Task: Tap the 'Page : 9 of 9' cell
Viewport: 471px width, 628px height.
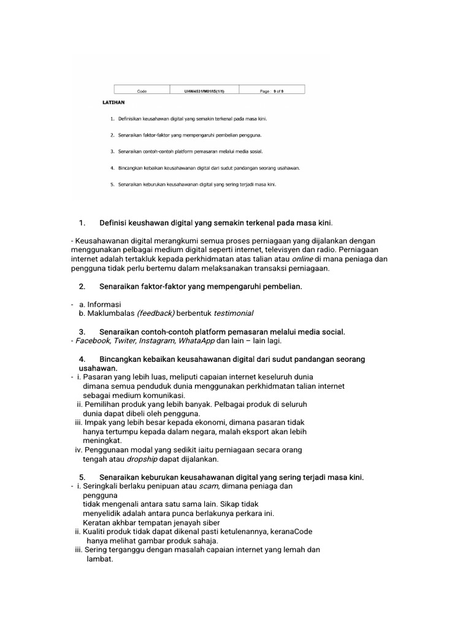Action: point(272,90)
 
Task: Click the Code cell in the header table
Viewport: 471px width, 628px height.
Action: point(142,90)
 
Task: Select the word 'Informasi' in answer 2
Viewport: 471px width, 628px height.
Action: point(104,304)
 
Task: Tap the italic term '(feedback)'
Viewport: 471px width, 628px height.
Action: point(156,313)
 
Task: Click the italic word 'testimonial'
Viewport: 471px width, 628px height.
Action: point(234,313)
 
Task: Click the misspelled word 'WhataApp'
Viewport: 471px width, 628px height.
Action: point(197,340)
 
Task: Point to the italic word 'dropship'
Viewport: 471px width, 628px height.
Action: point(142,459)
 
